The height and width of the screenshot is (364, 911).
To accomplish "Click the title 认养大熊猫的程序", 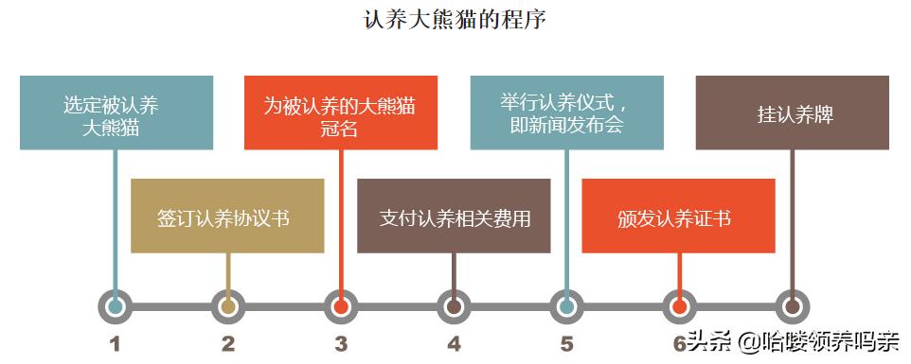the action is point(455,19).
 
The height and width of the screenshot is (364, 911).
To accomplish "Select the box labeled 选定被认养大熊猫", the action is point(116,113).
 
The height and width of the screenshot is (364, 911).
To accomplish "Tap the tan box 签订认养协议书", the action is point(227,216).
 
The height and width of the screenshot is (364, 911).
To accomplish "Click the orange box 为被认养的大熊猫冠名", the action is point(341,113).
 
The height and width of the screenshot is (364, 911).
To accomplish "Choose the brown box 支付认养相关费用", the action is point(454,216).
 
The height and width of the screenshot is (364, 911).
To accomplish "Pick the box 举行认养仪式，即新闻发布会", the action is point(566,113).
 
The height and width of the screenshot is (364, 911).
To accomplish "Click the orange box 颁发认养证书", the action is point(678,216).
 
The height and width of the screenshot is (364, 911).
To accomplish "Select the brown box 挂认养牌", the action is point(792,113).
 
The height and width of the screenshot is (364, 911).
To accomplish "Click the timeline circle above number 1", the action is point(116,306).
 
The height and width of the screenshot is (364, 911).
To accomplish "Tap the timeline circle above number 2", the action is point(228,306).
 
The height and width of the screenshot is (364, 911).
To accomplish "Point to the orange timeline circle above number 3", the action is point(341,306).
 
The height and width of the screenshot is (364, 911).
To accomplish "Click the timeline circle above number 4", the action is point(454,306).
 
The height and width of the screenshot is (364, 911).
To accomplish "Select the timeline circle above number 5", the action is point(566,306).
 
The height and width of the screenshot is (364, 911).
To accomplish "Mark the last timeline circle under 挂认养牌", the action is point(792,306).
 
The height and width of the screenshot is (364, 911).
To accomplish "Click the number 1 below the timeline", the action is point(116,344).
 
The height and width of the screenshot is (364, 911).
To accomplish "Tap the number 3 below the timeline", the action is point(341,344).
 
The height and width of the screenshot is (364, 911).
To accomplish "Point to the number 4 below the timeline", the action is point(454,344).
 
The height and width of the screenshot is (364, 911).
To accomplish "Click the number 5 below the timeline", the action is point(566,344).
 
